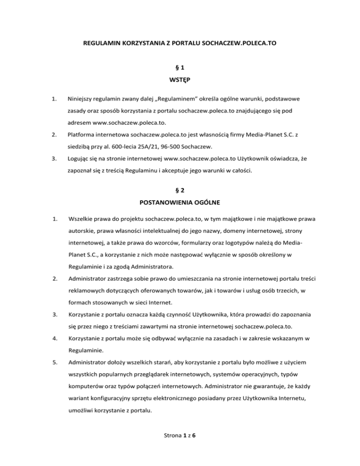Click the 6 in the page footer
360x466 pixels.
194,448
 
